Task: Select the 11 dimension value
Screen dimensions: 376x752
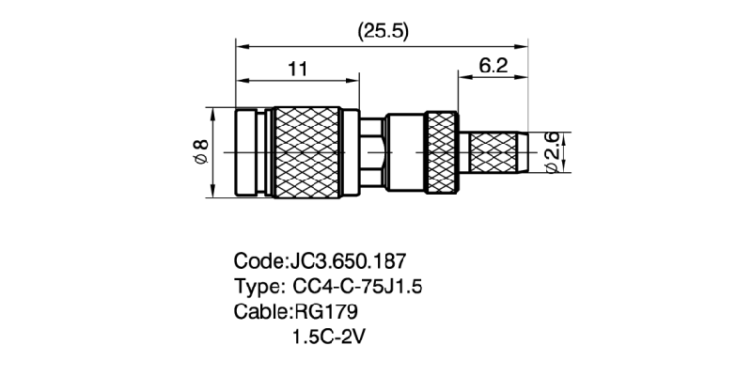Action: (x=298, y=69)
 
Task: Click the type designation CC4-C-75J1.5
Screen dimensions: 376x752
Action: (x=359, y=286)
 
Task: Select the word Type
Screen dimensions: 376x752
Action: (x=254, y=286)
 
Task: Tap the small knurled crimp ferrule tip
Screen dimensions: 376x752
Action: (x=498, y=152)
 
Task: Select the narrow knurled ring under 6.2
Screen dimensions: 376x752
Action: (x=441, y=152)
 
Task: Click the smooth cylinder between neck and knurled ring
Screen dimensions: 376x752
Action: (x=405, y=152)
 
